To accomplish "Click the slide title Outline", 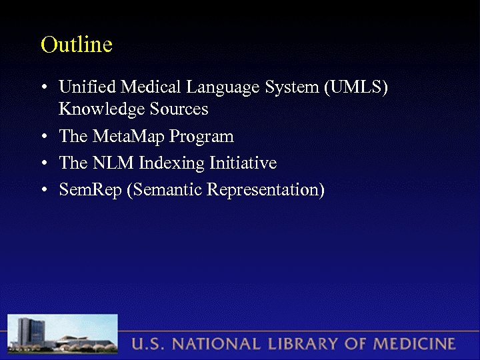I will click(76, 45).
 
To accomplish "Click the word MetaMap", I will click(128, 137).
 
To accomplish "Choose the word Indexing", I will click(169, 164).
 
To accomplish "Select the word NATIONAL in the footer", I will click(213, 345).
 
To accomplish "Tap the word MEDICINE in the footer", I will click(413, 345).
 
